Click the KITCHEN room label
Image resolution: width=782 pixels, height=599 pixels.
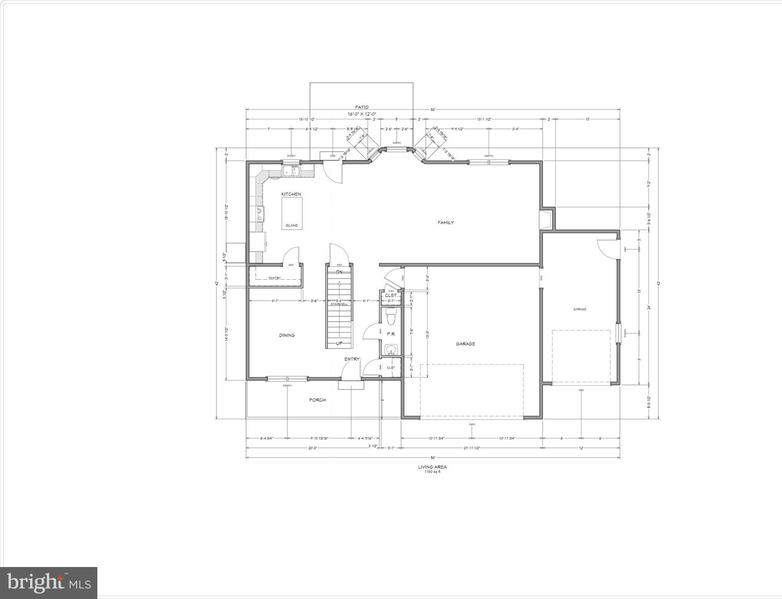coord(291,194)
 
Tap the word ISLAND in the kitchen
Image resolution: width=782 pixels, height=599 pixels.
coord(292,225)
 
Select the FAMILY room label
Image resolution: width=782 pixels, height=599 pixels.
coord(446,223)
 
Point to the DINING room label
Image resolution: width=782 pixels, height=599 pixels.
coord(287,335)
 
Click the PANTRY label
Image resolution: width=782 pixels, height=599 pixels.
coord(275,278)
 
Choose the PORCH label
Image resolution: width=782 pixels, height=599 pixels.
coord(317,400)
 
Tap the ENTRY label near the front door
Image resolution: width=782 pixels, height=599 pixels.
coord(352,359)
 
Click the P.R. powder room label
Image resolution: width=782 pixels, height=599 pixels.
coord(391,334)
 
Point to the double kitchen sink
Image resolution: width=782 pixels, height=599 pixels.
coord(291,171)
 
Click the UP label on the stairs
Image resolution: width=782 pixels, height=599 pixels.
coord(339,343)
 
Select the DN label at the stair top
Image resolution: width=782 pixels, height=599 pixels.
coord(339,271)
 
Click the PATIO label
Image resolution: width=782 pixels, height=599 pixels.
coord(362,107)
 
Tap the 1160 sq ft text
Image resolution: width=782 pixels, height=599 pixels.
coord(432,471)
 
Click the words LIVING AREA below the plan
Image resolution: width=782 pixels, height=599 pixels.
coord(432,467)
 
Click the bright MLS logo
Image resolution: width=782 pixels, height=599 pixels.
coord(49,583)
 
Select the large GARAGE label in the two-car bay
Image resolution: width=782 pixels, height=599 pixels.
coord(465,344)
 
